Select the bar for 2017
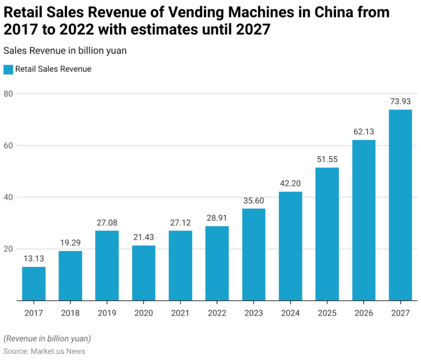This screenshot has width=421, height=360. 33,283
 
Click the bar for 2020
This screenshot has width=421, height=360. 144,272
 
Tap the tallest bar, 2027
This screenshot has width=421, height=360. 400,205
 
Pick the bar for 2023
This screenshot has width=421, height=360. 254,254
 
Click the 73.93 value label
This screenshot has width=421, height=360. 400,101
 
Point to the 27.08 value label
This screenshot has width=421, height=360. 107,222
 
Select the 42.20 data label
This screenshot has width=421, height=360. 290,183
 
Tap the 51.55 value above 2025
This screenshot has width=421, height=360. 327,159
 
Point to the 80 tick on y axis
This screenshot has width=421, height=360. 8,94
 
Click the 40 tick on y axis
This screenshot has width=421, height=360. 8,197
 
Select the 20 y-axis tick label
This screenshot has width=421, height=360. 8,249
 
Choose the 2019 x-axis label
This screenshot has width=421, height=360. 107,313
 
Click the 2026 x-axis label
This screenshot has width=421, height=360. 363,313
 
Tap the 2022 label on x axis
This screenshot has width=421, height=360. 217,313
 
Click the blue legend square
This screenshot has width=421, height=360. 8,70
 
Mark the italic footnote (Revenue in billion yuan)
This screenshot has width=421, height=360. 47,338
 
